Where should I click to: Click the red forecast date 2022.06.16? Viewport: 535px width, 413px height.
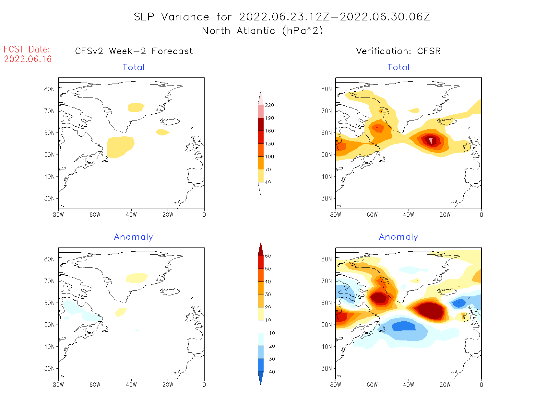pos(28,59)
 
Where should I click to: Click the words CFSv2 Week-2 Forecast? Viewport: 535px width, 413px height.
pos(134,51)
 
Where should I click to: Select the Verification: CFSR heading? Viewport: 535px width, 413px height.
pos(398,51)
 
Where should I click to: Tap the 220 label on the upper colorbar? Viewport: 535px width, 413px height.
pos(269,105)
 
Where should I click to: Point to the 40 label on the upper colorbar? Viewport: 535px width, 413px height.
pos(268,182)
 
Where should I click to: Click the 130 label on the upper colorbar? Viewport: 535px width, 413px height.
pos(269,144)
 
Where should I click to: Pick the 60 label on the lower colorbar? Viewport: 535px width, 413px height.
pos(268,256)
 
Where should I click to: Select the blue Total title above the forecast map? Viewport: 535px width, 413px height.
pos(134,67)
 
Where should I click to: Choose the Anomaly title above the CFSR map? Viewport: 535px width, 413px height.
pos(398,237)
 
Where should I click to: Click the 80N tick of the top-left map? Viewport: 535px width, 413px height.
pos(50,89)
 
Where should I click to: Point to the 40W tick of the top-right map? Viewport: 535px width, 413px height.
pos(409,214)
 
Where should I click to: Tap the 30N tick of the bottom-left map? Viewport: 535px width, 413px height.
pos(50,368)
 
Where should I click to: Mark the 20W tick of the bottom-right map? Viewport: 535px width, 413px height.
pos(445,384)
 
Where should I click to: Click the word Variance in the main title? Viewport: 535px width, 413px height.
pos(185,17)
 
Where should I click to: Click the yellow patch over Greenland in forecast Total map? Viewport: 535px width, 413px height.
pos(136,107)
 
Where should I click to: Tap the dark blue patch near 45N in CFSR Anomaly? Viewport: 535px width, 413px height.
pos(404,326)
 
